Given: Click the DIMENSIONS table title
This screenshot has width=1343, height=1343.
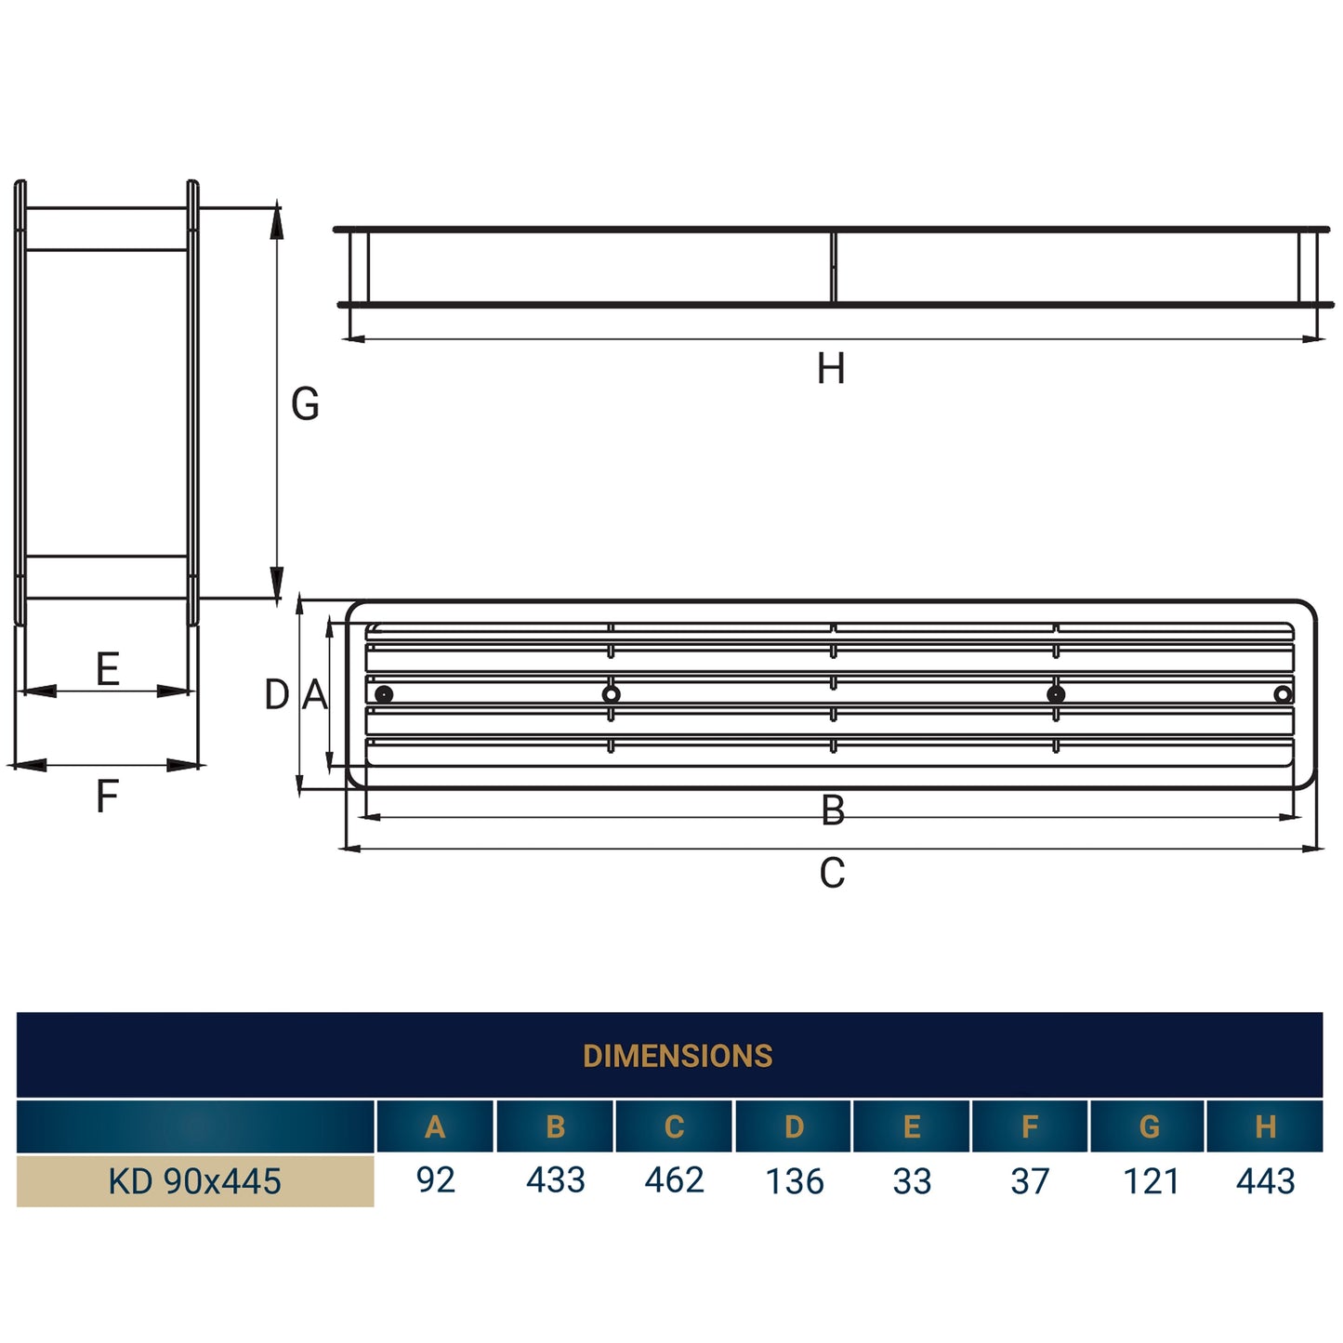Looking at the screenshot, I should point(677,1056).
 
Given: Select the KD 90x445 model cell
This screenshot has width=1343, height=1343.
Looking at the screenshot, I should point(194,1181).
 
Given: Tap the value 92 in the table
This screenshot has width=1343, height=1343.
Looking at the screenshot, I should point(435,1180).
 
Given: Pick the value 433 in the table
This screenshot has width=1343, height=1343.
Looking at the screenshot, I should point(555,1180).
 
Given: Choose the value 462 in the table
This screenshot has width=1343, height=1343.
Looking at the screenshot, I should point(674,1180).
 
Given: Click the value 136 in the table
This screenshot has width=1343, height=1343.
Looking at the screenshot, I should point(794,1181).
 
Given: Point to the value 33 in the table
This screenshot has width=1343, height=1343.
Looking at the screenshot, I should point(912,1181).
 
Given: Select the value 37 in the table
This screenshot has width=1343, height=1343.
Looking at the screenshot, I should point(1030,1181).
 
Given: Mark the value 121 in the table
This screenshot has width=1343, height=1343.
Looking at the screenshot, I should point(1151,1181).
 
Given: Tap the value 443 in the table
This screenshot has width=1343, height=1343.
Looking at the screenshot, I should point(1265,1181).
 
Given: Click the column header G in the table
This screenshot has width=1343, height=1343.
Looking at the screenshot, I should point(1149,1126).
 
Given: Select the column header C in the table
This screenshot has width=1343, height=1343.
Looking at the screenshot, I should point(674,1126).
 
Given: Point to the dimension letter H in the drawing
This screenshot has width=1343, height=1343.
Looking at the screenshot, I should point(831,369).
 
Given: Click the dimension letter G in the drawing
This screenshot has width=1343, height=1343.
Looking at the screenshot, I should point(305,404).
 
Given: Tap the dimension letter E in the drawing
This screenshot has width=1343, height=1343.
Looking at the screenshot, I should point(108,669).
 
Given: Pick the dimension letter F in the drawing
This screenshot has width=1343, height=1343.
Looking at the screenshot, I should point(108,797).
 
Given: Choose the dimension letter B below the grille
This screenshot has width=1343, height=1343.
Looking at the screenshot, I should point(833,810).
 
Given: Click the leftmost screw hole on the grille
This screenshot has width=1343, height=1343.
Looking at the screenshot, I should point(384,694).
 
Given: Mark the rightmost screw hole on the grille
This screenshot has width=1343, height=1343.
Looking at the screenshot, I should point(1283,694).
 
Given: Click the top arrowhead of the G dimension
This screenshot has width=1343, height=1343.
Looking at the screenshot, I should point(276,221).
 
